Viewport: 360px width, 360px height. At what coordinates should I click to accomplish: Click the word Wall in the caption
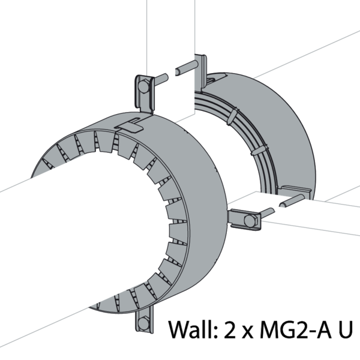(x=193, y=329)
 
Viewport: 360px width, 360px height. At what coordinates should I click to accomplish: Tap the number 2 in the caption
(x=230, y=329)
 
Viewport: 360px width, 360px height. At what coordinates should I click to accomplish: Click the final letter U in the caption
(x=344, y=329)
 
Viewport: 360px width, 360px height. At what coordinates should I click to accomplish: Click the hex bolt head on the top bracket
(x=143, y=86)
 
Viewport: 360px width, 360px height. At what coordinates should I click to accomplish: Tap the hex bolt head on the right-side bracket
(x=250, y=221)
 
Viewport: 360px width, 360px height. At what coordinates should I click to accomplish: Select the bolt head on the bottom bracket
(x=143, y=323)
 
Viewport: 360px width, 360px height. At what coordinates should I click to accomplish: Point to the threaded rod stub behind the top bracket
(x=161, y=79)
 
